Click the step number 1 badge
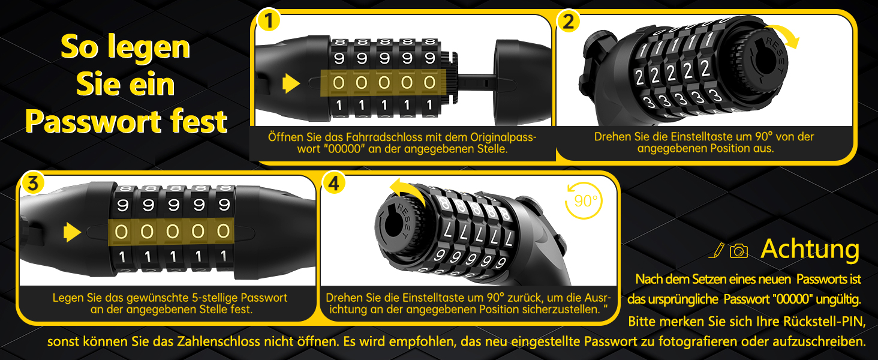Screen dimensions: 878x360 coord(269,20)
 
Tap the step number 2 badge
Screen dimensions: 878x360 coord(569,21)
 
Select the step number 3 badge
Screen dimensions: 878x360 coord(33,184)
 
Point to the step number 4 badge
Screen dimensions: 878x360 coord(333,183)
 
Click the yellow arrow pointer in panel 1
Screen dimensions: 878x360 coord(291,83)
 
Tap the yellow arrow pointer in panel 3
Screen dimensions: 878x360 coord(72,232)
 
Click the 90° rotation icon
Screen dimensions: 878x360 coord(584,200)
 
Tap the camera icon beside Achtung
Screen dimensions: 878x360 coord(739,251)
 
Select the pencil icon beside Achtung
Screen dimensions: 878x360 coord(717,250)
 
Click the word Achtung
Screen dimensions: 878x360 coord(810,250)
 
